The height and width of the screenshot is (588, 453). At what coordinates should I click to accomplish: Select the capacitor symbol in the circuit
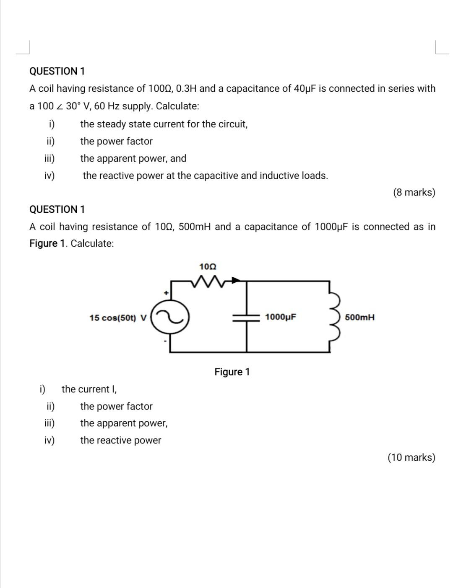(x=246, y=317)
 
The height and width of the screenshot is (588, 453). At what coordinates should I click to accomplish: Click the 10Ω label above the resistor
(x=208, y=266)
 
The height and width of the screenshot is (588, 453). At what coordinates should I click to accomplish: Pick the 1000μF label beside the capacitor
(x=281, y=317)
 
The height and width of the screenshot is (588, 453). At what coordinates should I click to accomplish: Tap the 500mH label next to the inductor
(x=359, y=317)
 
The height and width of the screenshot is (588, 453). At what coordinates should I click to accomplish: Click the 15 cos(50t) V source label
(x=118, y=318)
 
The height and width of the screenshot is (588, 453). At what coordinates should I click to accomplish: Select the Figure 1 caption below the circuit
(x=232, y=372)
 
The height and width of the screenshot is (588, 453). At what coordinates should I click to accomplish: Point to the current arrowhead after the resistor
(x=237, y=280)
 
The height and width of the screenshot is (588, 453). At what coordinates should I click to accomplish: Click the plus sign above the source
(x=166, y=293)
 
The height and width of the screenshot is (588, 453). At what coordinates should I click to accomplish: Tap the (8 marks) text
(x=414, y=192)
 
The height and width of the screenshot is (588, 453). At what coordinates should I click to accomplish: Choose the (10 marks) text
(x=411, y=457)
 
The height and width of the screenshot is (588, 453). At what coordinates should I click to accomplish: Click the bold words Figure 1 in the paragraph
(x=48, y=244)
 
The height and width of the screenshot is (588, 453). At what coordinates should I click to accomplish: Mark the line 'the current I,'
(x=89, y=389)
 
